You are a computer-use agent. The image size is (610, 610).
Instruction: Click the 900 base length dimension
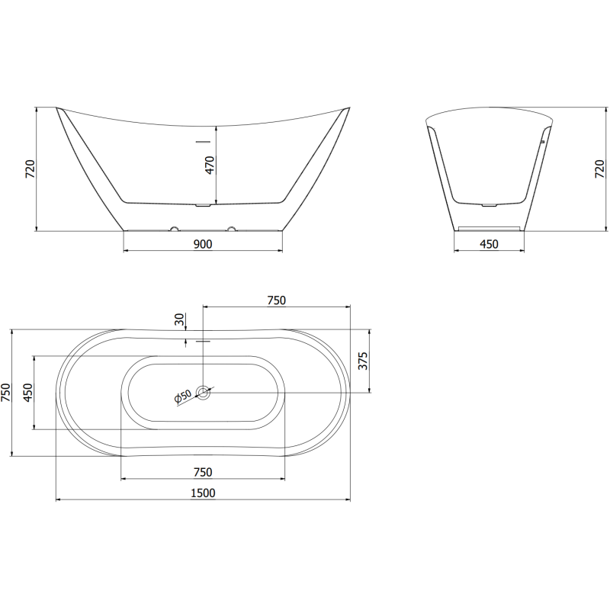point(202,244)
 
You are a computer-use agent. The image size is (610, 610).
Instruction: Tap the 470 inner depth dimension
point(210,165)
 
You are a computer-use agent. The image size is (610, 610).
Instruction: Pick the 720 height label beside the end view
point(599,169)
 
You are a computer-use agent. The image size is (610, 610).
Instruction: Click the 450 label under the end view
point(488,244)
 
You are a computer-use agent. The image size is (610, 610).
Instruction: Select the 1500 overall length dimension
point(202,493)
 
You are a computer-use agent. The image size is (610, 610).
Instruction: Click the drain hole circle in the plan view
point(204,393)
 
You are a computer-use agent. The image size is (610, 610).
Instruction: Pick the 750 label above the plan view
point(276,300)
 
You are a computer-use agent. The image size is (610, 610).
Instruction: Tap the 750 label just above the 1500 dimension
point(202,472)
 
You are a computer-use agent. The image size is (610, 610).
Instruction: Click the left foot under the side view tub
point(174,228)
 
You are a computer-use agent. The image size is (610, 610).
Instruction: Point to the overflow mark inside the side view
point(202,140)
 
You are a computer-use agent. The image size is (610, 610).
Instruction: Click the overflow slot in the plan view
point(203,341)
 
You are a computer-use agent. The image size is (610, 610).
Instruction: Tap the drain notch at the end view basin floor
point(489,204)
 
